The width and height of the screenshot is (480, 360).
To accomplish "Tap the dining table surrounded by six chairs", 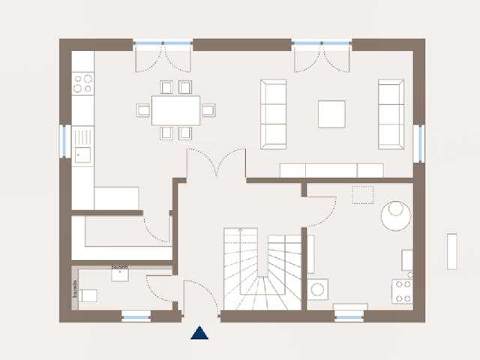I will (176, 110).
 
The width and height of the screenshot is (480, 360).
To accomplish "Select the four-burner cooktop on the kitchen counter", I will (82, 82).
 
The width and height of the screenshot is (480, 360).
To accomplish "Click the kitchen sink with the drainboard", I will (82, 144).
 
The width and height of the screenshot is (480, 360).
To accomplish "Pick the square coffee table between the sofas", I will (331, 114).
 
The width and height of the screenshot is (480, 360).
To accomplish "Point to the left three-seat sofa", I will (273, 114).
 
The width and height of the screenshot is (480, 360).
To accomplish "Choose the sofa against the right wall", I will (391, 114).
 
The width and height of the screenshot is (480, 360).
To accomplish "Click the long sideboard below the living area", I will (331, 170).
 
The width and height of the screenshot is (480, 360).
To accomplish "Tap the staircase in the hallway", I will (262, 270).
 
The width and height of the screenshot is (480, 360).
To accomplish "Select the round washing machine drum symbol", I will (318, 289).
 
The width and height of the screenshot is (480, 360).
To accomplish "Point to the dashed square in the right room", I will (363, 194).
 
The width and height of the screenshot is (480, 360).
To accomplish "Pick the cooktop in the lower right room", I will (402, 290).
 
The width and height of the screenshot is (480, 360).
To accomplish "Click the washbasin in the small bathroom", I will (121, 274).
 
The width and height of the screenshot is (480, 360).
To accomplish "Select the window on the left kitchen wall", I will (64, 141).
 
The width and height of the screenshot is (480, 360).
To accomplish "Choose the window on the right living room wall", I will (419, 142).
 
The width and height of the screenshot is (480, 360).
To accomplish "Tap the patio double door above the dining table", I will (163, 56).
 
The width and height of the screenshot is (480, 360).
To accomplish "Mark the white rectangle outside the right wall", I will (452, 251).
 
